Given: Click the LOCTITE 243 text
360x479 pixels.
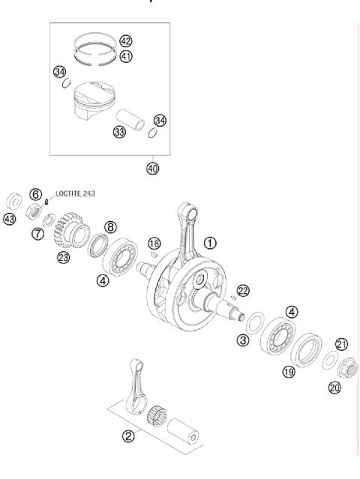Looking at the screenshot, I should tap(75, 193).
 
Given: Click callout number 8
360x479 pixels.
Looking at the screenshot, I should tap(110, 226).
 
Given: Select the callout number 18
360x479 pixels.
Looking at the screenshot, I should tap(154, 244).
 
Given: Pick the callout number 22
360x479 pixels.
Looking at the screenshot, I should tap(242, 290).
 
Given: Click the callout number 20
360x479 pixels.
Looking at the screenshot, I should tap(335, 387).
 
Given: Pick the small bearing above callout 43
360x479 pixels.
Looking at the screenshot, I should tap(13, 200).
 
